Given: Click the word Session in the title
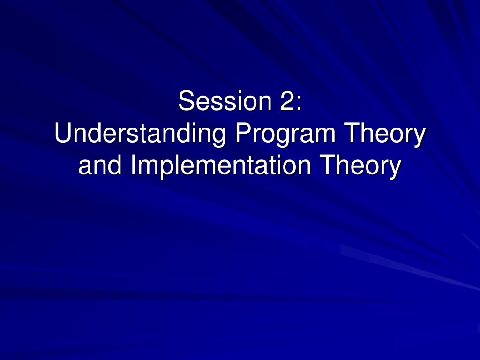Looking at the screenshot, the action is [x=225, y=101].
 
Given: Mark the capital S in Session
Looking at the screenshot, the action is [x=187, y=101].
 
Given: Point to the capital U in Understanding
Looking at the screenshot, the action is [x=63, y=133].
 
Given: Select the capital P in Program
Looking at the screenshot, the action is [x=243, y=133].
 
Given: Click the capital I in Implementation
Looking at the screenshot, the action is [x=133, y=165].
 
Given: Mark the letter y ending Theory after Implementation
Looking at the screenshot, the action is [x=395, y=170].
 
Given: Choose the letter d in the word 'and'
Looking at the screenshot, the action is [x=115, y=165].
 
